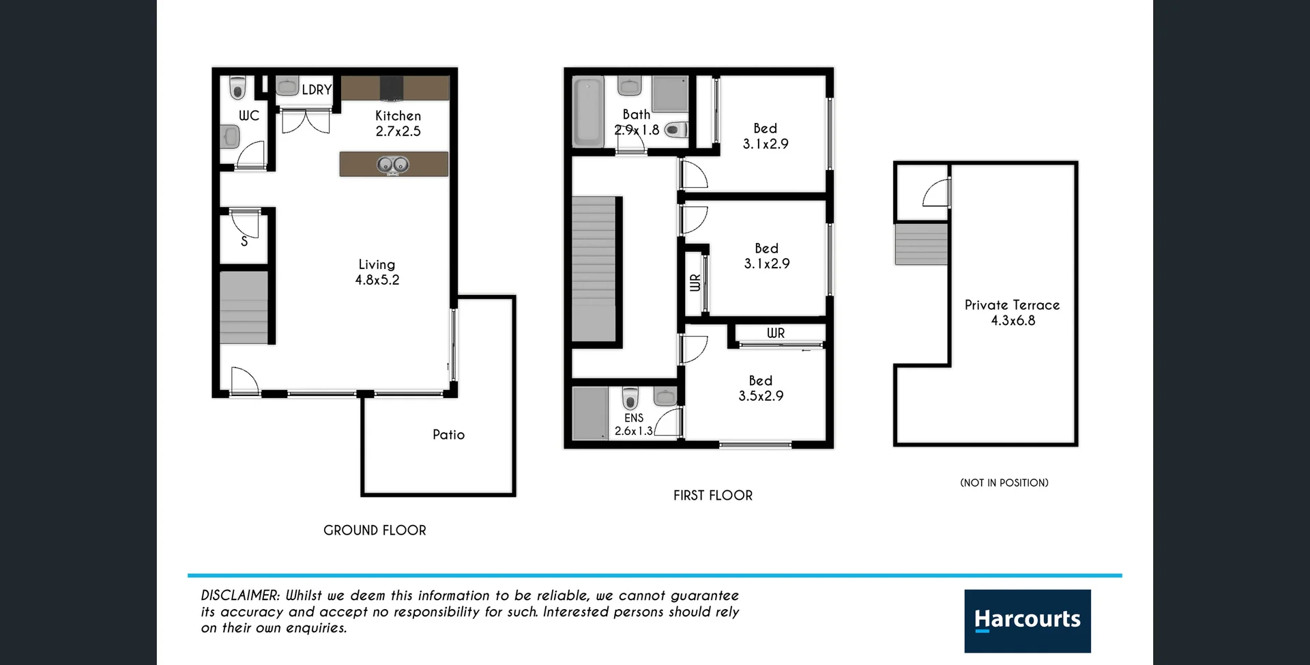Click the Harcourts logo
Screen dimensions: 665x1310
[x=1027, y=621]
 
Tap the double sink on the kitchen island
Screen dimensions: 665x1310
[x=393, y=165]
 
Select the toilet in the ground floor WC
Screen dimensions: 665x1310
[x=237, y=88]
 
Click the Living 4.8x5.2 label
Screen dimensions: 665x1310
[x=377, y=272]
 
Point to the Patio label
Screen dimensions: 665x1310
[x=448, y=435]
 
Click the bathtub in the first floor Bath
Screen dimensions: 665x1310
[x=588, y=113]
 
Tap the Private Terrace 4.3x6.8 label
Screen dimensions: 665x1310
[x=1012, y=313]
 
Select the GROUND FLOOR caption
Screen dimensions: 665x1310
[x=375, y=530]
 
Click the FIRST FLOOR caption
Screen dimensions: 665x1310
[x=713, y=496]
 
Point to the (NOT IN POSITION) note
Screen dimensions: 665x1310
[x=1004, y=483]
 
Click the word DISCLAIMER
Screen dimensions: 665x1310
[x=240, y=595]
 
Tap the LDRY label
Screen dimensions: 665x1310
[x=317, y=89]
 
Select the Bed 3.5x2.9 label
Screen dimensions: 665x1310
[x=761, y=388]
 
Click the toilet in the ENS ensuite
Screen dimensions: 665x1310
[x=630, y=397]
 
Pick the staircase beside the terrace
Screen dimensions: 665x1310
[x=921, y=244]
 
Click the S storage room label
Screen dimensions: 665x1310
[x=244, y=241]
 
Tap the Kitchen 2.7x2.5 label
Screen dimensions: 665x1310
[x=398, y=124]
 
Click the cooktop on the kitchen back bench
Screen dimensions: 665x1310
[x=392, y=89]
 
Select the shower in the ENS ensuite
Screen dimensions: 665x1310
[x=589, y=413]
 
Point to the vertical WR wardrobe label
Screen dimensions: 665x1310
[x=695, y=283]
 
